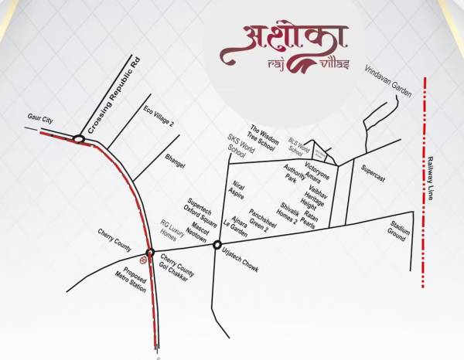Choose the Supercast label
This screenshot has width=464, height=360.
coord(373,175)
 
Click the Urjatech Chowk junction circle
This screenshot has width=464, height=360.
coord(216,246)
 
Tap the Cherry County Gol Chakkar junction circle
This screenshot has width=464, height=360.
coord(151,253)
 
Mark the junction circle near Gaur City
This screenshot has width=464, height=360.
coord(78,139)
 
